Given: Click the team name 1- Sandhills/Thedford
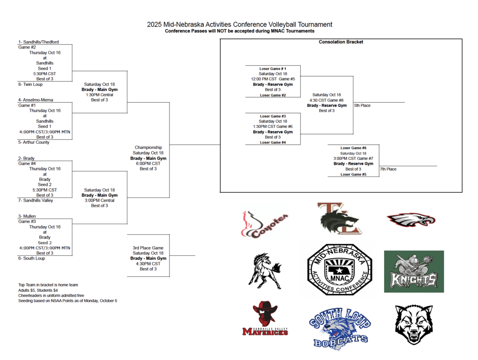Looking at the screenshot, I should point(38,42).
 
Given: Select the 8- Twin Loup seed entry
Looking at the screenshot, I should point(30,85).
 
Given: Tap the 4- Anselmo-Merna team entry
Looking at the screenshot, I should point(35,100).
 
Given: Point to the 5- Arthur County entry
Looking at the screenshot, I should point(34,142).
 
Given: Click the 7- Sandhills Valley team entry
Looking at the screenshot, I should point(35,200).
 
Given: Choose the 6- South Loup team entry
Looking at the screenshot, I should point(31,258).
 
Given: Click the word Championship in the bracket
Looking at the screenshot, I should point(148,148).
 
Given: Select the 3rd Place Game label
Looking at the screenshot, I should point(148,248).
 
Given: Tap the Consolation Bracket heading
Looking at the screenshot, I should point(341,42).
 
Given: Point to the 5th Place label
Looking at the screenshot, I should point(362,106).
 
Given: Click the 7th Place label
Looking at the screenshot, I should point(388,169).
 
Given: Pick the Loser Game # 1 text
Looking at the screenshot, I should point(273,69).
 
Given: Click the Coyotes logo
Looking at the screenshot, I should point(266,224).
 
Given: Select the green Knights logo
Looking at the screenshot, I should point(414,271).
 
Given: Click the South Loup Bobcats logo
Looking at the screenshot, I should point(340,329).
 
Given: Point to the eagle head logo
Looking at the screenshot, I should point(411,219).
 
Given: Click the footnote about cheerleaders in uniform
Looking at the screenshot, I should point(51,296).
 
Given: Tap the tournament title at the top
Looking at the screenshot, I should point(239,24).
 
